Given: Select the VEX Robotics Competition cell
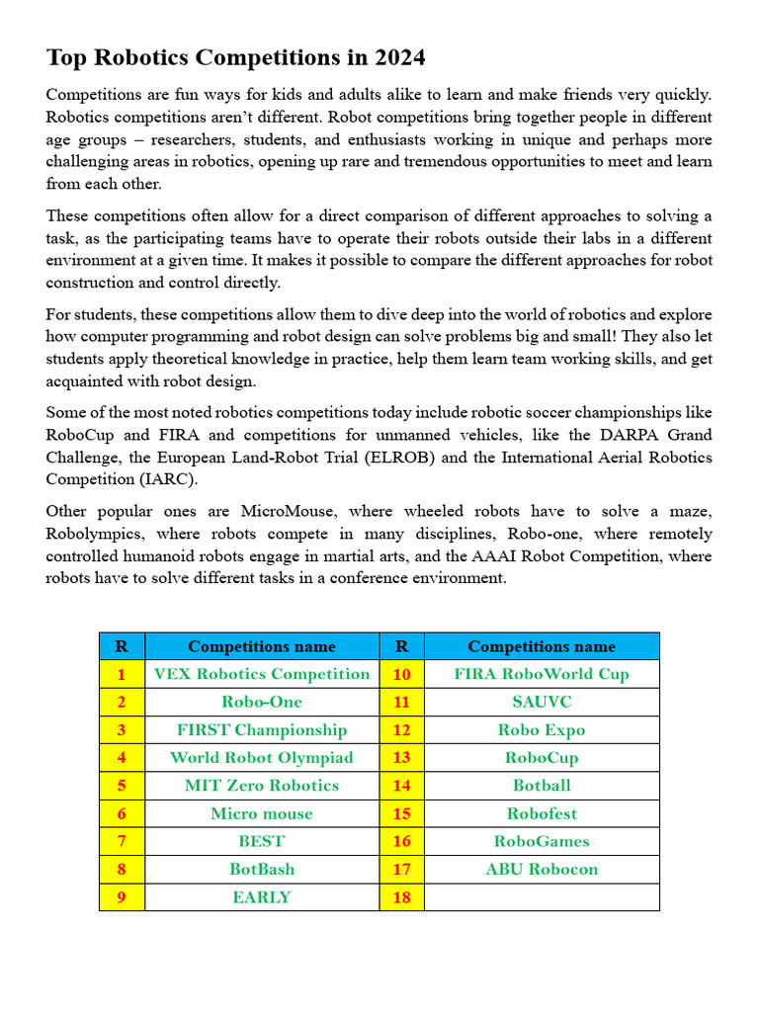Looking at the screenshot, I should point(262,674).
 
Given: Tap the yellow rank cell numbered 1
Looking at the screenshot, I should point(122,674).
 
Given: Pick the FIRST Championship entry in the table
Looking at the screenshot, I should point(262,730).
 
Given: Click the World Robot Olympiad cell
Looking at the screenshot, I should point(262,758).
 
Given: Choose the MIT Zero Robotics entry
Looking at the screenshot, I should point(262,786).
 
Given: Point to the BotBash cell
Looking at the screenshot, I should point(262,870).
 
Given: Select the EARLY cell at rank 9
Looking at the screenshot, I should point(262,897).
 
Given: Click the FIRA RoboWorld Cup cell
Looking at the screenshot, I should point(542,674).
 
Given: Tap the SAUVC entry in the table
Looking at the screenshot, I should point(542,702).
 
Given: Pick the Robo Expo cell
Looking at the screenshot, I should point(542,730).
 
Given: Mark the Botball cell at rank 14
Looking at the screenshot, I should point(542,786).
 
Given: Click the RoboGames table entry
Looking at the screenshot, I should point(542,842).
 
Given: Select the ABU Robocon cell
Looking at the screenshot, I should point(542,870).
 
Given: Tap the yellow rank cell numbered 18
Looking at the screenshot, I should point(401,897).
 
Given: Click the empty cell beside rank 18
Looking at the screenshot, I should point(542,897).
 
